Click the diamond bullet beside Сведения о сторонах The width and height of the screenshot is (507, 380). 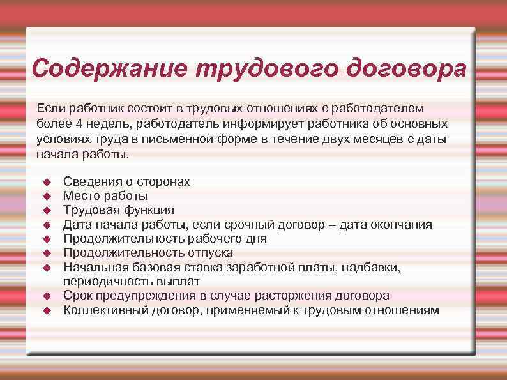(x=46, y=182)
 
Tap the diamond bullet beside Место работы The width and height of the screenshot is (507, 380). (x=46, y=196)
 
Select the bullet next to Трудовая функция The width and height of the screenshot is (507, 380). (x=46, y=210)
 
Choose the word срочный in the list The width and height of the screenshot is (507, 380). (x=255, y=225)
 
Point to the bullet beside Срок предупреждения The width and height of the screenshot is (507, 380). (x=46, y=296)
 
